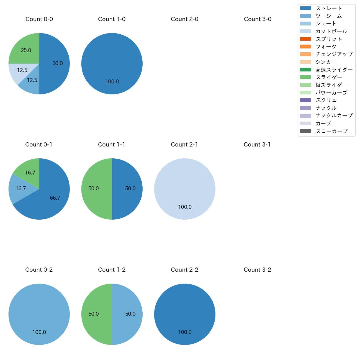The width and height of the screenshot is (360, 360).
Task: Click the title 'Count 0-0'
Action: point(39,19)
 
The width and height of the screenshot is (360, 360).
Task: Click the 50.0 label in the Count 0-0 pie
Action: point(58,63)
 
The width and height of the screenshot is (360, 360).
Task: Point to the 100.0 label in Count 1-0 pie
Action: point(112,82)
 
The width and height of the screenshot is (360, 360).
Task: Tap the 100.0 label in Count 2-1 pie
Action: point(185,207)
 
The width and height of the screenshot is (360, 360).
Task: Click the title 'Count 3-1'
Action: point(257,145)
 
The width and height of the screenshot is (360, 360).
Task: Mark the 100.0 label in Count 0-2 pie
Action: point(39,332)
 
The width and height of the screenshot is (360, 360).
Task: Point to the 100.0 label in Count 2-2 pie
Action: point(185,332)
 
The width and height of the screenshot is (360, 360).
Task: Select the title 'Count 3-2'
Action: point(257,270)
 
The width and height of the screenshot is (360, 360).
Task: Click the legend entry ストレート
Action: point(329,8)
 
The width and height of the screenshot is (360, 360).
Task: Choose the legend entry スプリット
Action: point(329,39)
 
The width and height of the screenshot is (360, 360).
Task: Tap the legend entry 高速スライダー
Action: point(334,70)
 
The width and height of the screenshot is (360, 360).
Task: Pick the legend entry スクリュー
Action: point(329,100)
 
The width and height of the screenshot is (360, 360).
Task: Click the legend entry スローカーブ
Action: point(331,131)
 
